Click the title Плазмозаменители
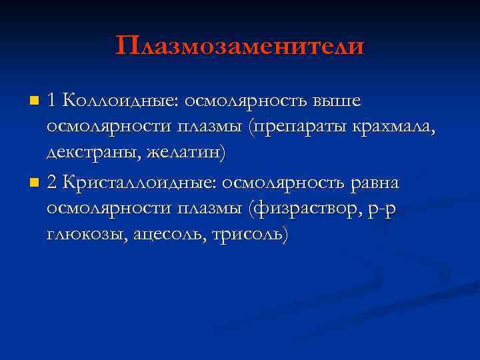click(240, 46)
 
